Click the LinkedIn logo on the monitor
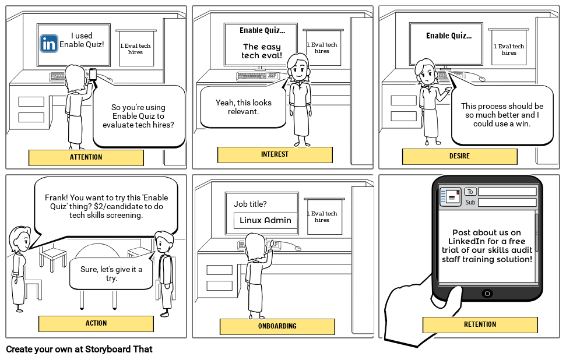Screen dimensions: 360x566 [x=48, y=44]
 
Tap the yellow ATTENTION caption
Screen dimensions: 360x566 [x=86, y=157]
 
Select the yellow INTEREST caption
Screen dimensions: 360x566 [x=275, y=154]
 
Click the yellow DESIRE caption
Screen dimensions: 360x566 [x=459, y=156]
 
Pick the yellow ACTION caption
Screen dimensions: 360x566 [x=96, y=323]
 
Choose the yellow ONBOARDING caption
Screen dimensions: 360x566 [x=277, y=326]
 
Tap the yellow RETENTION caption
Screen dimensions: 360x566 [x=480, y=324]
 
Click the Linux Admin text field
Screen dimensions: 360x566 [x=265, y=220]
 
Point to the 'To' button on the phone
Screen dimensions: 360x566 [x=470, y=192]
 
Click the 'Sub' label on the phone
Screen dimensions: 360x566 [x=470, y=203]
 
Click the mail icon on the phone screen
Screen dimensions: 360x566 [x=451, y=197]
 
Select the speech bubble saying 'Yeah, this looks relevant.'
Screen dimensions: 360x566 [x=243, y=107]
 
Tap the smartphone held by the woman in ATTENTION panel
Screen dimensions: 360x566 [x=93, y=74]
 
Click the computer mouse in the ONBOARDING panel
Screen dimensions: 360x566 [x=298, y=249]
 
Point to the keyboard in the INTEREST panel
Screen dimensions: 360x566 [x=256, y=76]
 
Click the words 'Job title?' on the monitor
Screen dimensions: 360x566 [x=250, y=204]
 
